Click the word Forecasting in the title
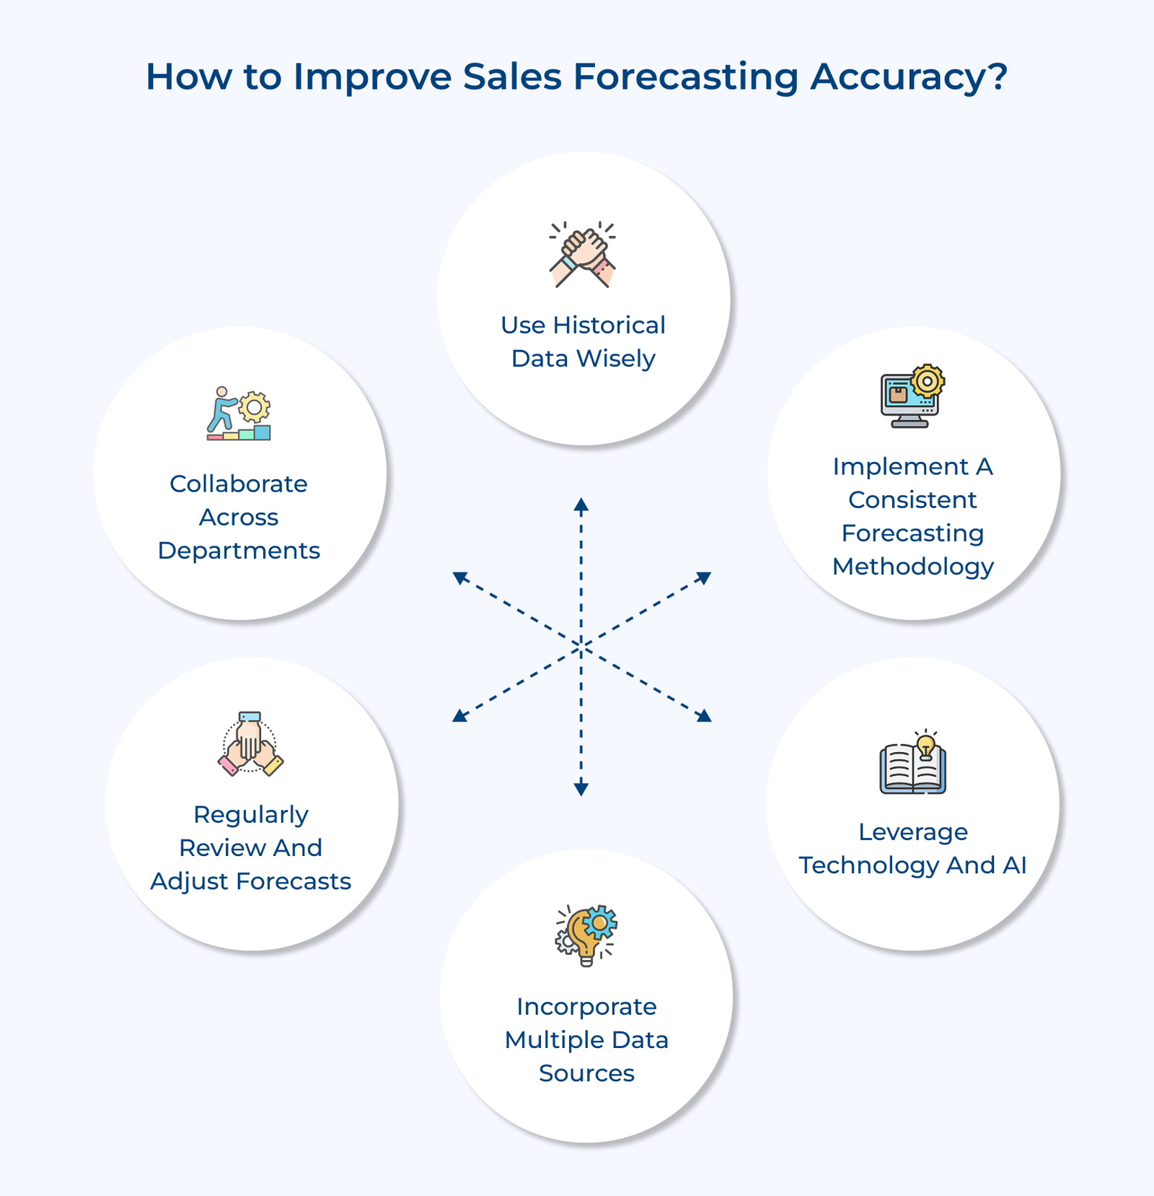(x=685, y=77)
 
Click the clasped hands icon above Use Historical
(x=583, y=255)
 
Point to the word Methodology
(x=913, y=567)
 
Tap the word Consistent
(x=912, y=499)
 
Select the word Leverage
(x=913, y=832)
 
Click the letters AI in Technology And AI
(x=1015, y=865)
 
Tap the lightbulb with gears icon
(x=586, y=935)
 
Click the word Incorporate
(x=586, y=1007)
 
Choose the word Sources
(x=586, y=1073)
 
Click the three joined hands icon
(x=250, y=744)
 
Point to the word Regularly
(x=251, y=815)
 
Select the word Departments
(x=239, y=551)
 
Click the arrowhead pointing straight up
(x=581, y=504)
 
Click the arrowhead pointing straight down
(x=581, y=790)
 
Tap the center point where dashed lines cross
(x=581, y=647)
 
